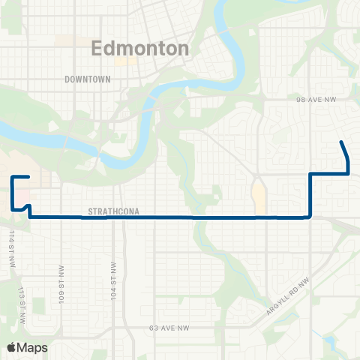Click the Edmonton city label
pyautogui.click(x=139, y=49)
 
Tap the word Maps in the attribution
pyautogui.click(x=33, y=347)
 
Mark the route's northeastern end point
pyautogui.click(x=342, y=142)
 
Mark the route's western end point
pyautogui.click(x=28, y=177)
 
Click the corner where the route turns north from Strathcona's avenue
pyautogui.click(x=310, y=217)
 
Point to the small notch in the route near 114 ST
pyautogui.click(x=26, y=206)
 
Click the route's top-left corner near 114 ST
pyautogui.click(x=12, y=177)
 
